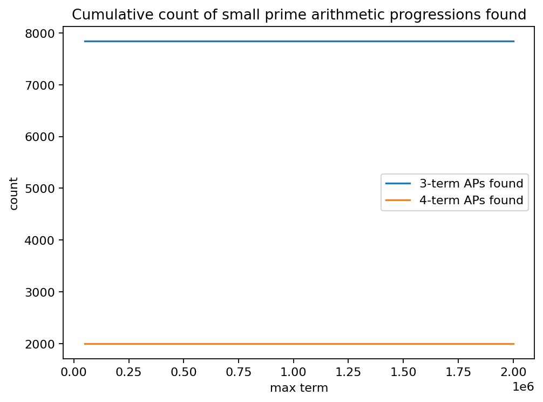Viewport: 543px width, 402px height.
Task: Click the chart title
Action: [x=298, y=15]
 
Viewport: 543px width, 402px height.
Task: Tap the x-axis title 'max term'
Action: [x=298, y=387]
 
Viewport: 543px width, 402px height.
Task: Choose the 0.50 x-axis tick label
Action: [x=184, y=372]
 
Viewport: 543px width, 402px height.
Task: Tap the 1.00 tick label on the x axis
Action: [x=294, y=372]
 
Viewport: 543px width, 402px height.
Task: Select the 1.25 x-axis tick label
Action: [x=349, y=372]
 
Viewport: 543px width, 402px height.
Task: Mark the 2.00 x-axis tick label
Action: [x=514, y=372]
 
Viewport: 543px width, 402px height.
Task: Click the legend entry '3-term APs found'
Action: [x=471, y=183]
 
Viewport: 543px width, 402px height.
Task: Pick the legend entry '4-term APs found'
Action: [x=471, y=200]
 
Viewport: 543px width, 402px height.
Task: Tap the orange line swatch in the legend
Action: [x=398, y=200]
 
